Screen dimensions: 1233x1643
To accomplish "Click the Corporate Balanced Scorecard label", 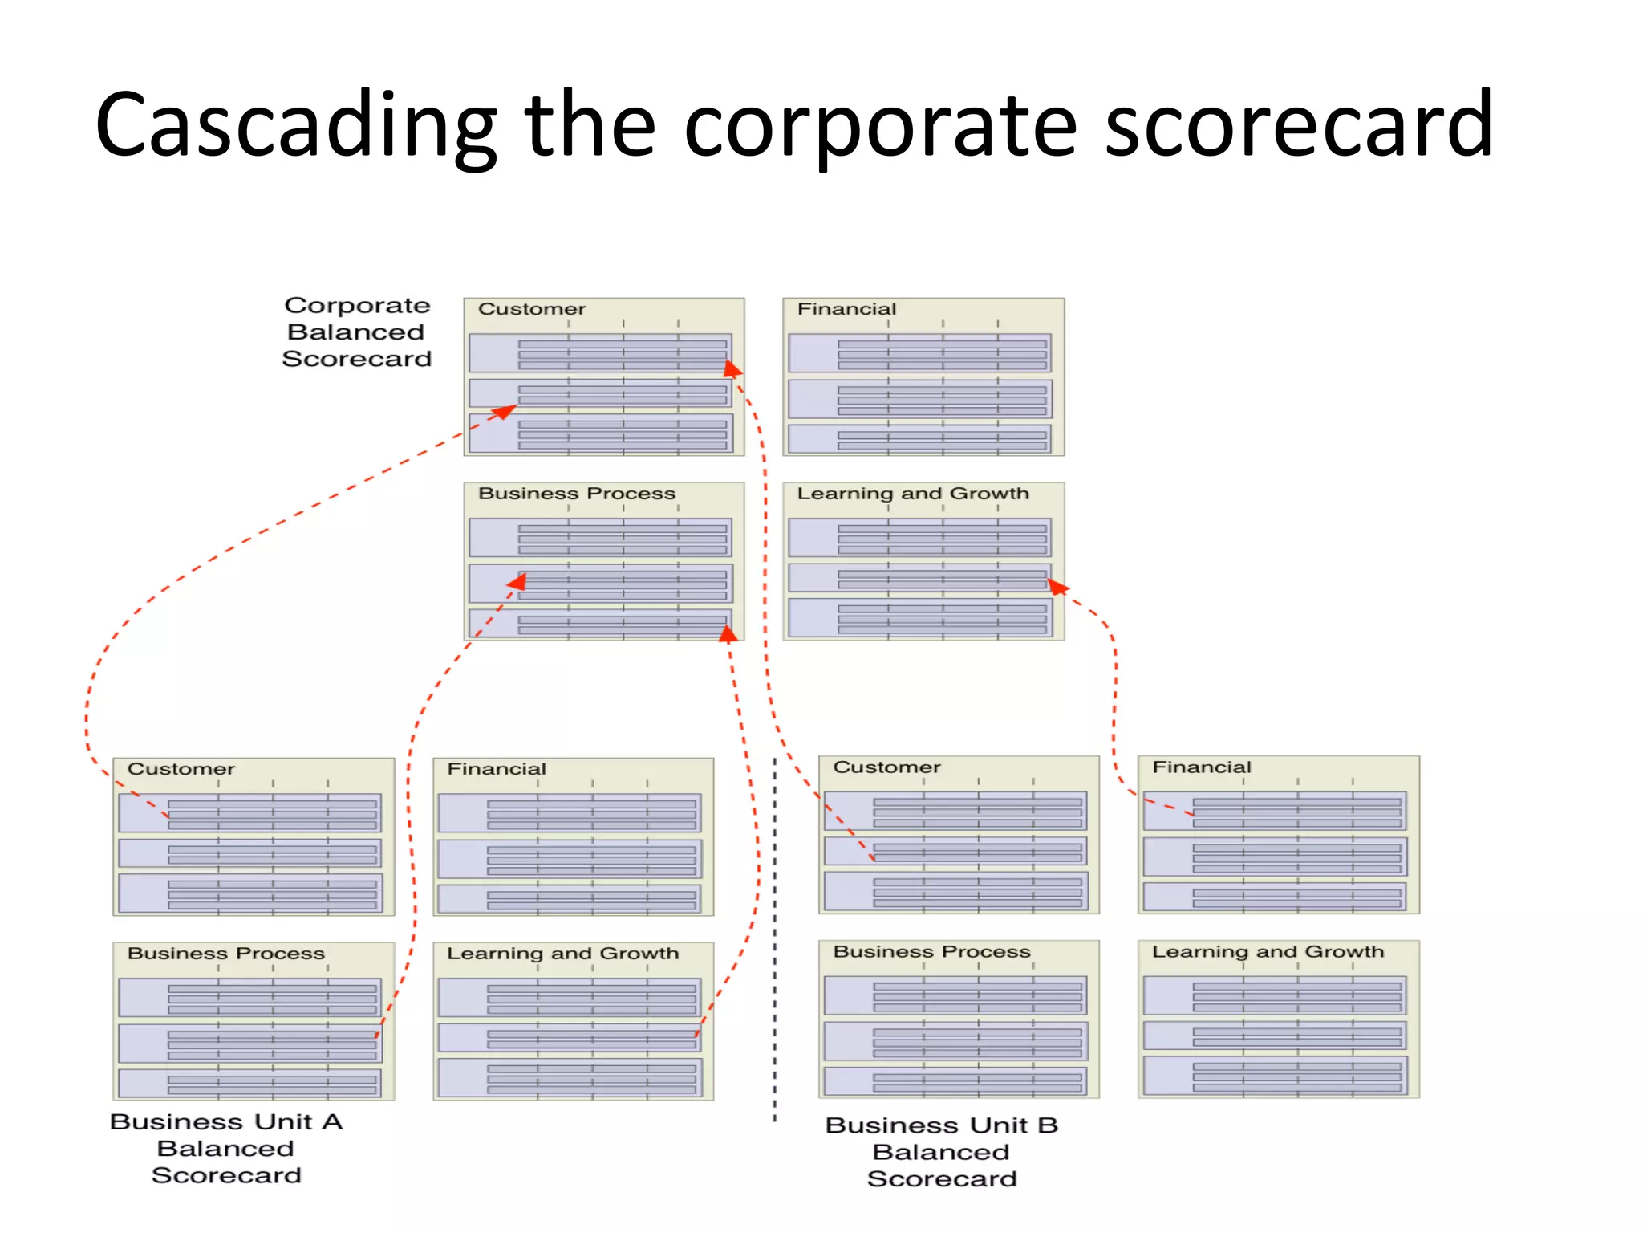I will click(x=357, y=332).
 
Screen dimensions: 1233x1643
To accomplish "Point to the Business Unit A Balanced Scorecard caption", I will click(x=226, y=1148).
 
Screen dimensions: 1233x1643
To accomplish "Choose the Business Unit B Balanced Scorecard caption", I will click(x=942, y=1152).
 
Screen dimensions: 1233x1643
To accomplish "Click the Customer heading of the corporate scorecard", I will click(x=532, y=309).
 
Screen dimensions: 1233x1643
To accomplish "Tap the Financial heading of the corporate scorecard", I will click(x=846, y=309).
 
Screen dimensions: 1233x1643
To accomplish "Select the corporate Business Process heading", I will click(x=577, y=494).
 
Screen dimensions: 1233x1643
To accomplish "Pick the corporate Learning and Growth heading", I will click(x=913, y=494).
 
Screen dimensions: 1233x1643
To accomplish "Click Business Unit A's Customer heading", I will click(x=181, y=769).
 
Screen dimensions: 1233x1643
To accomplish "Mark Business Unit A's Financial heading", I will click(x=497, y=769).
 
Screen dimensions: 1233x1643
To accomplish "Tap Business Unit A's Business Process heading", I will click(x=226, y=954).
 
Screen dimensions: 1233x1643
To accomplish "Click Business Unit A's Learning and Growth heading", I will click(x=562, y=954).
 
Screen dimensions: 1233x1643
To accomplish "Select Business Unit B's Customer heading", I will click(x=886, y=767).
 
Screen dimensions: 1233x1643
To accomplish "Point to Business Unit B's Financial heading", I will click(x=1202, y=767).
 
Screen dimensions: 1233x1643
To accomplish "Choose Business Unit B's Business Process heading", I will click(x=931, y=952).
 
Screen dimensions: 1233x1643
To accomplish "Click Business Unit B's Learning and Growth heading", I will click(x=1268, y=952).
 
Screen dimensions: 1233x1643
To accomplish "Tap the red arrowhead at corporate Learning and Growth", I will click(x=1057, y=588).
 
